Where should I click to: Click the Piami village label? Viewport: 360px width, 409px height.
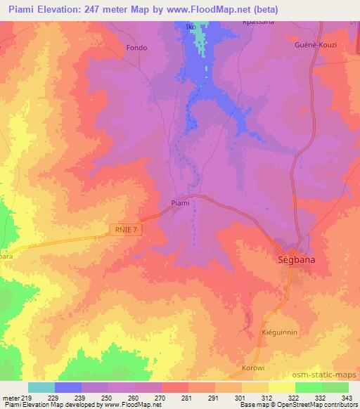[x=181, y=204]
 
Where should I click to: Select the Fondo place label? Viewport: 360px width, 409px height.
[x=136, y=48]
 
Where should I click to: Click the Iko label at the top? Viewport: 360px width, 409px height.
[x=189, y=27]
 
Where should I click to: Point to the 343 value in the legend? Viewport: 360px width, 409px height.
[x=348, y=398]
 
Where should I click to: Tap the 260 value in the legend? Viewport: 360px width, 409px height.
[x=134, y=398]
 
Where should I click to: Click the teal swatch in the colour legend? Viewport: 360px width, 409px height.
[x=41, y=387]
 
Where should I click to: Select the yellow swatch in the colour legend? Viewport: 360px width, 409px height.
[x=282, y=387]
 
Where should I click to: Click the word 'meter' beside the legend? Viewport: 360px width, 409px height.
[x=9, y=398]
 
